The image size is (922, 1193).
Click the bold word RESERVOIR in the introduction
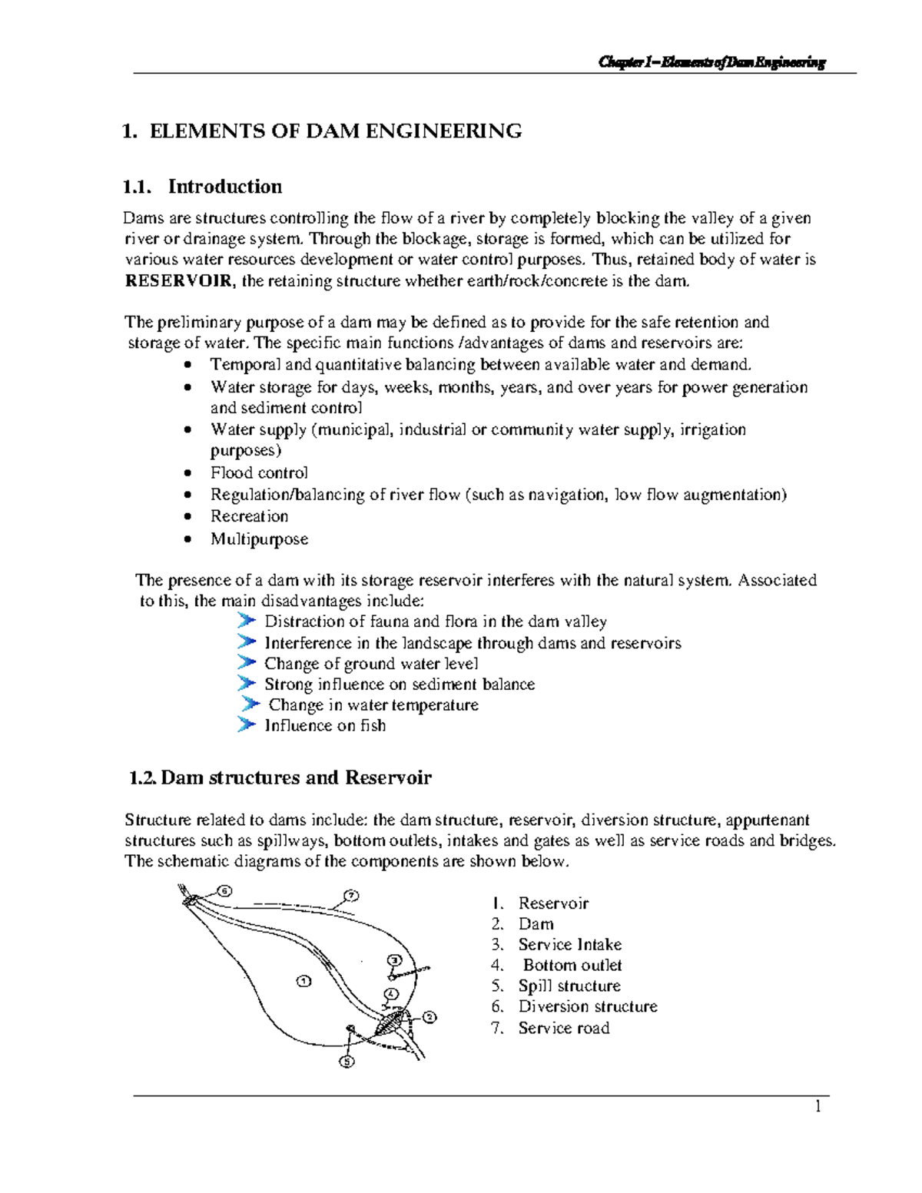click(x=177, y=281)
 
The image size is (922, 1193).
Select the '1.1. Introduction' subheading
click(x=202, y=187)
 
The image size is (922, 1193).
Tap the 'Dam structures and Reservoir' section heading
click(x=296, y=778)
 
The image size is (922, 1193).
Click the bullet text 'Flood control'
click(x=259, y=473)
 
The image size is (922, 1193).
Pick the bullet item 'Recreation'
click(x=249, y=516)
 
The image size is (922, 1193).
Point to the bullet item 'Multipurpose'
click(x=259, y=539)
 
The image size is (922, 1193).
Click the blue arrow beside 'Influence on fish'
click(x=246, y=724)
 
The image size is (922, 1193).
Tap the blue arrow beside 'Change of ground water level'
click(x=246, y=662)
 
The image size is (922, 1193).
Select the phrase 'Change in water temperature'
click(x=373, y=705)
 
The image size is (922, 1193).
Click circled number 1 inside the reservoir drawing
click(x=303, y=981)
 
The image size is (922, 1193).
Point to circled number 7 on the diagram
click(x=352, y=896)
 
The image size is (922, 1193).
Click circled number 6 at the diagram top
click(x=224, y=891)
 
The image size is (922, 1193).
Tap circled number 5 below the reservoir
click(x=347, y=1062)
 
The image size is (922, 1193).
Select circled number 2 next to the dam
click(x=429, y=1017)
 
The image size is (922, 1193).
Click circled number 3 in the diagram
click(x=395, y=960)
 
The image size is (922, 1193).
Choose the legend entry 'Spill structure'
click(x=569, y=986)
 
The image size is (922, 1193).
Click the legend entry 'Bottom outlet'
click(x=572, y=966)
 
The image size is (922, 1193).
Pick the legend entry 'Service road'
click(x=563, y=1029)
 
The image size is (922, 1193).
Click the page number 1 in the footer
click(x=818, y=1107)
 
